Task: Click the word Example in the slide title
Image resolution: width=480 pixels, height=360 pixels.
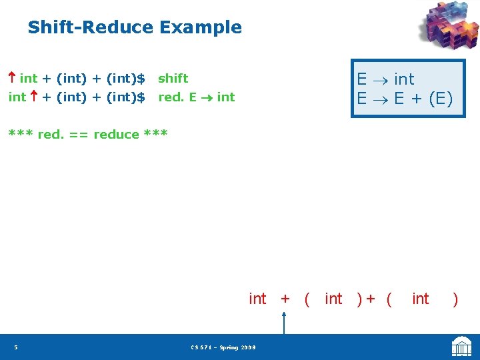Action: point(200,28)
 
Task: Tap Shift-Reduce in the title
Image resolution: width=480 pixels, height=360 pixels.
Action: point(90,28)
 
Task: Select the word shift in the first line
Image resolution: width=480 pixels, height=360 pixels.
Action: point(173,79)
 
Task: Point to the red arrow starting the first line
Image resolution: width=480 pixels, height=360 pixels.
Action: point(13,79)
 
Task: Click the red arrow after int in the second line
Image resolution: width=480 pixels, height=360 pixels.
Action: point(33,97)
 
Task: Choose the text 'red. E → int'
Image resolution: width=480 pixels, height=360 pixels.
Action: point(196,97)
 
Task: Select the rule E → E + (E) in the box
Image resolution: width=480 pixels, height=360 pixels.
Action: point(405,99)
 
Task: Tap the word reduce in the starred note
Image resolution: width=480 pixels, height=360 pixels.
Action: point(116,135)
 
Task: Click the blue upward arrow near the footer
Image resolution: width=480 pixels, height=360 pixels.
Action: point(285,323)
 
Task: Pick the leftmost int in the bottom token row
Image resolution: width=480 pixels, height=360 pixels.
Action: point(257,299)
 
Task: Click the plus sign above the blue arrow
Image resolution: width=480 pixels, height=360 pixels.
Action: point(285,299)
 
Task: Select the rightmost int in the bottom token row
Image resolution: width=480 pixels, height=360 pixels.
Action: point(421,299)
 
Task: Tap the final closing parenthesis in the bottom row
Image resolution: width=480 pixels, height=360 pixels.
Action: point(455,299)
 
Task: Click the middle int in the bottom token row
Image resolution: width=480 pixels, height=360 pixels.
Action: point(333,299)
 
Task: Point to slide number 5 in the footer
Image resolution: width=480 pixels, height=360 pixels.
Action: point(15,347)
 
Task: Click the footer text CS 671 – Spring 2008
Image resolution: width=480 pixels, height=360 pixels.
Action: point(223,347)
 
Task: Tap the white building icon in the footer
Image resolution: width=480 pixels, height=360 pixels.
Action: point(461,347)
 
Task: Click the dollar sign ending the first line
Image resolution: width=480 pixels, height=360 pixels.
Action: point(141,79)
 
